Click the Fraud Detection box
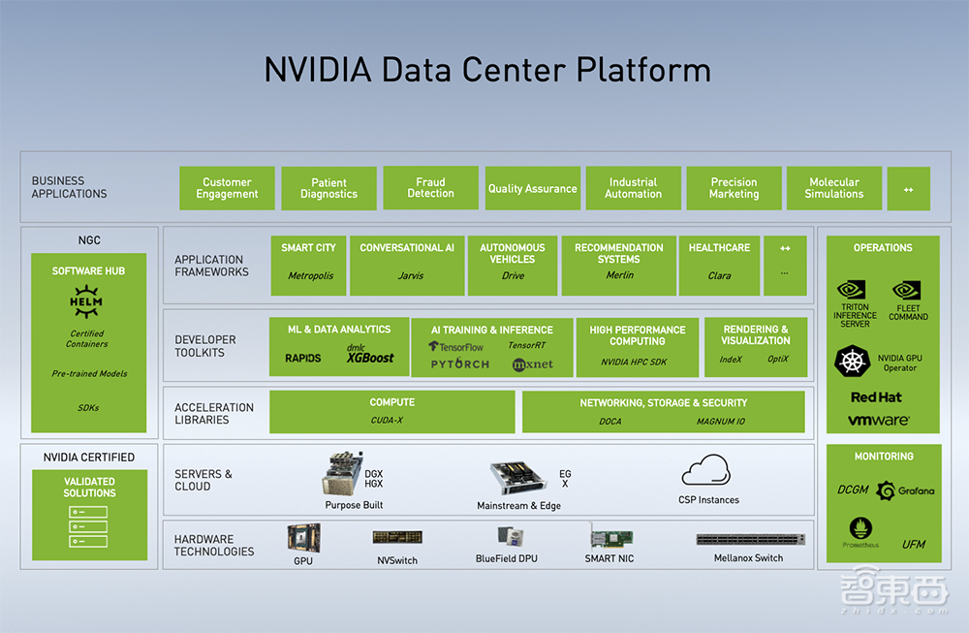pyautogui.click(x=430, y=188)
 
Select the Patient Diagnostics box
pyautogui.click(x=328, y=188)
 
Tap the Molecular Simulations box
pyautogui.click(x=833, y=188)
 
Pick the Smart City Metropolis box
pyautogui.click(x=309, y=263)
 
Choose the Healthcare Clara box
pyautogui.click(x=719, y=263)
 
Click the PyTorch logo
pyautogui.click(x=460, y=364)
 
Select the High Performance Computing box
pyautogui.click(x=637, y=347)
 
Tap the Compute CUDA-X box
pyautogui.click(x=391, y=411)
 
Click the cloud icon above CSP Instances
pyautogui.click(x=705, y=471)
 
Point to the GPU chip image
pyautogui.click(x=303, y=538)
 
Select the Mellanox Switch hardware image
pyautogui.click(x=750, y=539)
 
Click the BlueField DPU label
pyautogui.click(x=506, y=559)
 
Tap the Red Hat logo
pyautogui.click(x=876, y=397)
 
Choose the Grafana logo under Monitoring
pyautogui.click(x=905, y=491)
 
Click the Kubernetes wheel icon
pyautogui.click(x=853, y=362)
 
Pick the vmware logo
pyautogui.click(x=878, y=421)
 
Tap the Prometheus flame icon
pyautogui.click(x=860, y=528)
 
